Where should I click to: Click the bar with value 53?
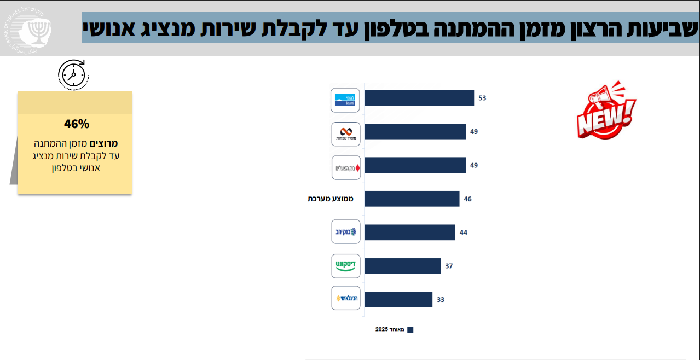pos(419,98)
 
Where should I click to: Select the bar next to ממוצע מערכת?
pos(412,199)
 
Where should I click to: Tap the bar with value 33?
pos(398,299)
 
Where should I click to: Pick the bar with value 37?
pos(402,266)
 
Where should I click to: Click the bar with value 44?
pos(410,233)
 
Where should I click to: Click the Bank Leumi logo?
pos(345,100)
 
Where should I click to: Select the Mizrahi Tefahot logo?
pos(345,134)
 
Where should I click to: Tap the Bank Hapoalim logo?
pos(345,167)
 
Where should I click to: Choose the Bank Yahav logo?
pos(345,232)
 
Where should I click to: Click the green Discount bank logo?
pos(345,266)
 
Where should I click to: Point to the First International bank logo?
pos(345,298)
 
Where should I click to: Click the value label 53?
pos(482,98)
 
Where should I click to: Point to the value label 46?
pos(467,199)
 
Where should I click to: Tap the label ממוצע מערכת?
pos(331,199)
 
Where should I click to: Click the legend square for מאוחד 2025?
pos(410,330)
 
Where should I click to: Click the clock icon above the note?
pos(73,74)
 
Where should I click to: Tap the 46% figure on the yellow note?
pos(76,124)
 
